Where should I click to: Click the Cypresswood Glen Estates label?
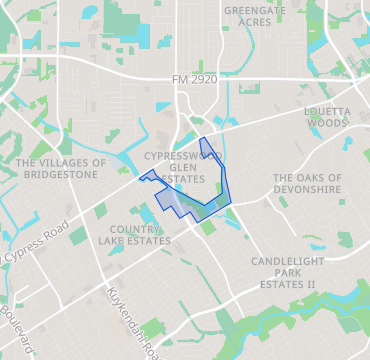click(182, 168)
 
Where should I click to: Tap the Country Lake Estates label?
click(140, 235)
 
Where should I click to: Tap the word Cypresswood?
click(183, 157)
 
